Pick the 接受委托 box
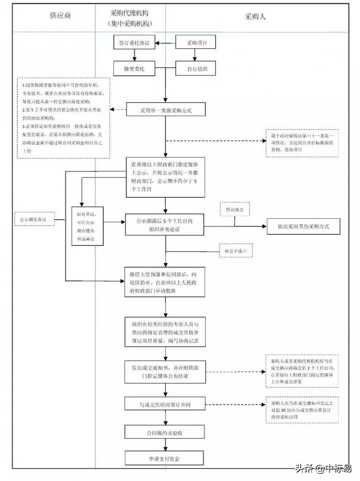tap(134, 68)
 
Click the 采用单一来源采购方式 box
tap(166, 110)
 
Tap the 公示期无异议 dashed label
tap(34, 219)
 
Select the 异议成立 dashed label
tap(235, 209)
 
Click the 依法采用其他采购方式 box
tap(303, 226)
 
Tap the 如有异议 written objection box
tap(88, 226)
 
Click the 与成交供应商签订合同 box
tap(166, 405)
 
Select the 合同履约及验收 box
tap(166, 433)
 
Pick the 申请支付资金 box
tap(166, 458)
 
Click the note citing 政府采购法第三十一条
tap(302, 143)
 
